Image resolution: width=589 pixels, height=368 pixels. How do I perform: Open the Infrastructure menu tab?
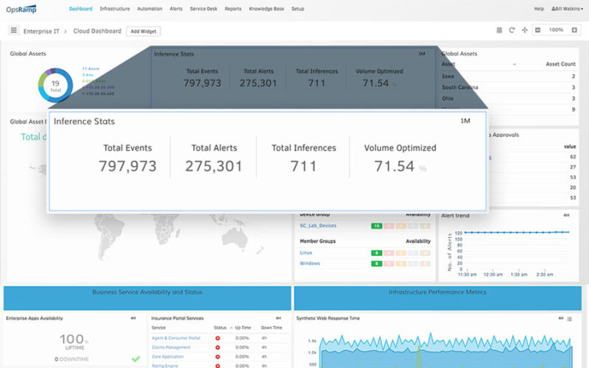tap(115, 9)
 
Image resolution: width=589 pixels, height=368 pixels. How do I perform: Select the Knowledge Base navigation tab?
tap(266, 9)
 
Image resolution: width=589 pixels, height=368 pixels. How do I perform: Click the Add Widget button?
tap(144, 31)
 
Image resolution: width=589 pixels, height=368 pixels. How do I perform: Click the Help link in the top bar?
tap(539, 9)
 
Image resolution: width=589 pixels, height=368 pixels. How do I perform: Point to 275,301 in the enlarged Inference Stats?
tap(214, 166)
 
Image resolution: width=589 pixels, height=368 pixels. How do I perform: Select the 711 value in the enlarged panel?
tap(303, 166)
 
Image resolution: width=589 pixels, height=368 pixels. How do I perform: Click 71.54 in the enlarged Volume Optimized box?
tap(394, 166)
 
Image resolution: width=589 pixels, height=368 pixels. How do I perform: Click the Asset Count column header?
tap(560, 64)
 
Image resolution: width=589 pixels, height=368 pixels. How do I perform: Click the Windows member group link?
tap(310, 263)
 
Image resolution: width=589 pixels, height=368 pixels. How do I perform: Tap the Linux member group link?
tap(306, 252)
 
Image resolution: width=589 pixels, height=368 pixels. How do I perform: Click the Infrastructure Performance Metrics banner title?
tap(437, 292)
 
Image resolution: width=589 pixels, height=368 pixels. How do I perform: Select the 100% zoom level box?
tap(556, 30)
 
